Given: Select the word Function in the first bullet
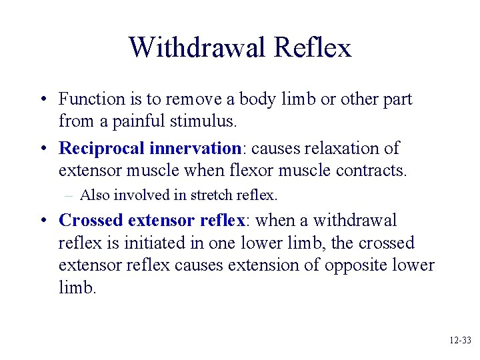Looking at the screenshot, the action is tap(92, 99).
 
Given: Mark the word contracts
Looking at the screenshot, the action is tap(369, 171).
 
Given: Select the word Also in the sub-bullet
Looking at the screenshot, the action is tap(92, 195).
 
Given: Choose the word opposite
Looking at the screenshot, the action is tap(356, 265).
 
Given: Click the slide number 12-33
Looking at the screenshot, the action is tap(459, 340).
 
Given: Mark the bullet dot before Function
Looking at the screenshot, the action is tap(43, 100).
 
